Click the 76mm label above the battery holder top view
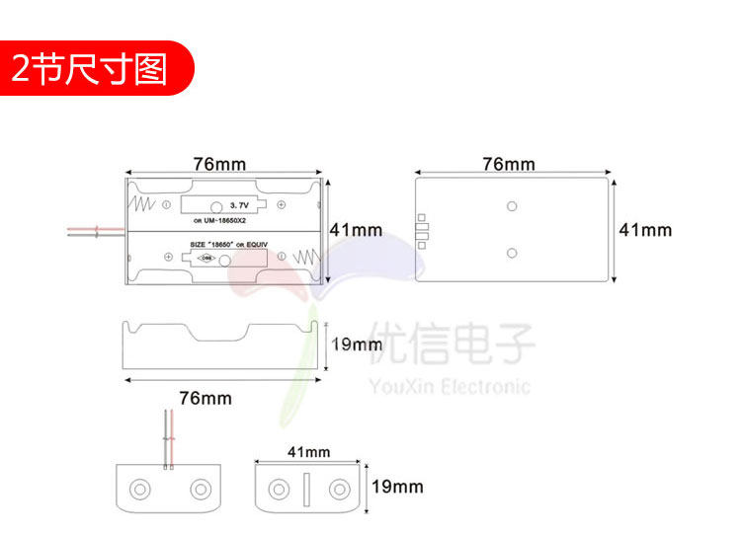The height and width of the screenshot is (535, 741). (220, 164)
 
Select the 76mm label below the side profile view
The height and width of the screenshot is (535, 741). (206, 398)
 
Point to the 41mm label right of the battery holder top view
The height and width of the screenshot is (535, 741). (355, 230)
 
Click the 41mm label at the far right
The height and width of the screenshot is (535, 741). (644, 230)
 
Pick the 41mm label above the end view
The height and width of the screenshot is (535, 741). (308, 452)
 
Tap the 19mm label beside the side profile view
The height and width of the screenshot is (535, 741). (356, 344)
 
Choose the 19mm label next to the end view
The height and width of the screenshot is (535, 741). (396, 487)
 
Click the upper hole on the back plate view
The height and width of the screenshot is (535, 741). (511, 206)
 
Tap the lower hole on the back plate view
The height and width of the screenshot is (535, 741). (511, 254)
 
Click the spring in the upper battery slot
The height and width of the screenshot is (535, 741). (143, 205)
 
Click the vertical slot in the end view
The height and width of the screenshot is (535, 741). (306, 489)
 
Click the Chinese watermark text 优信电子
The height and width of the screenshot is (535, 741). (451, 344)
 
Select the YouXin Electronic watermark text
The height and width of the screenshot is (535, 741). (449, 386)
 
